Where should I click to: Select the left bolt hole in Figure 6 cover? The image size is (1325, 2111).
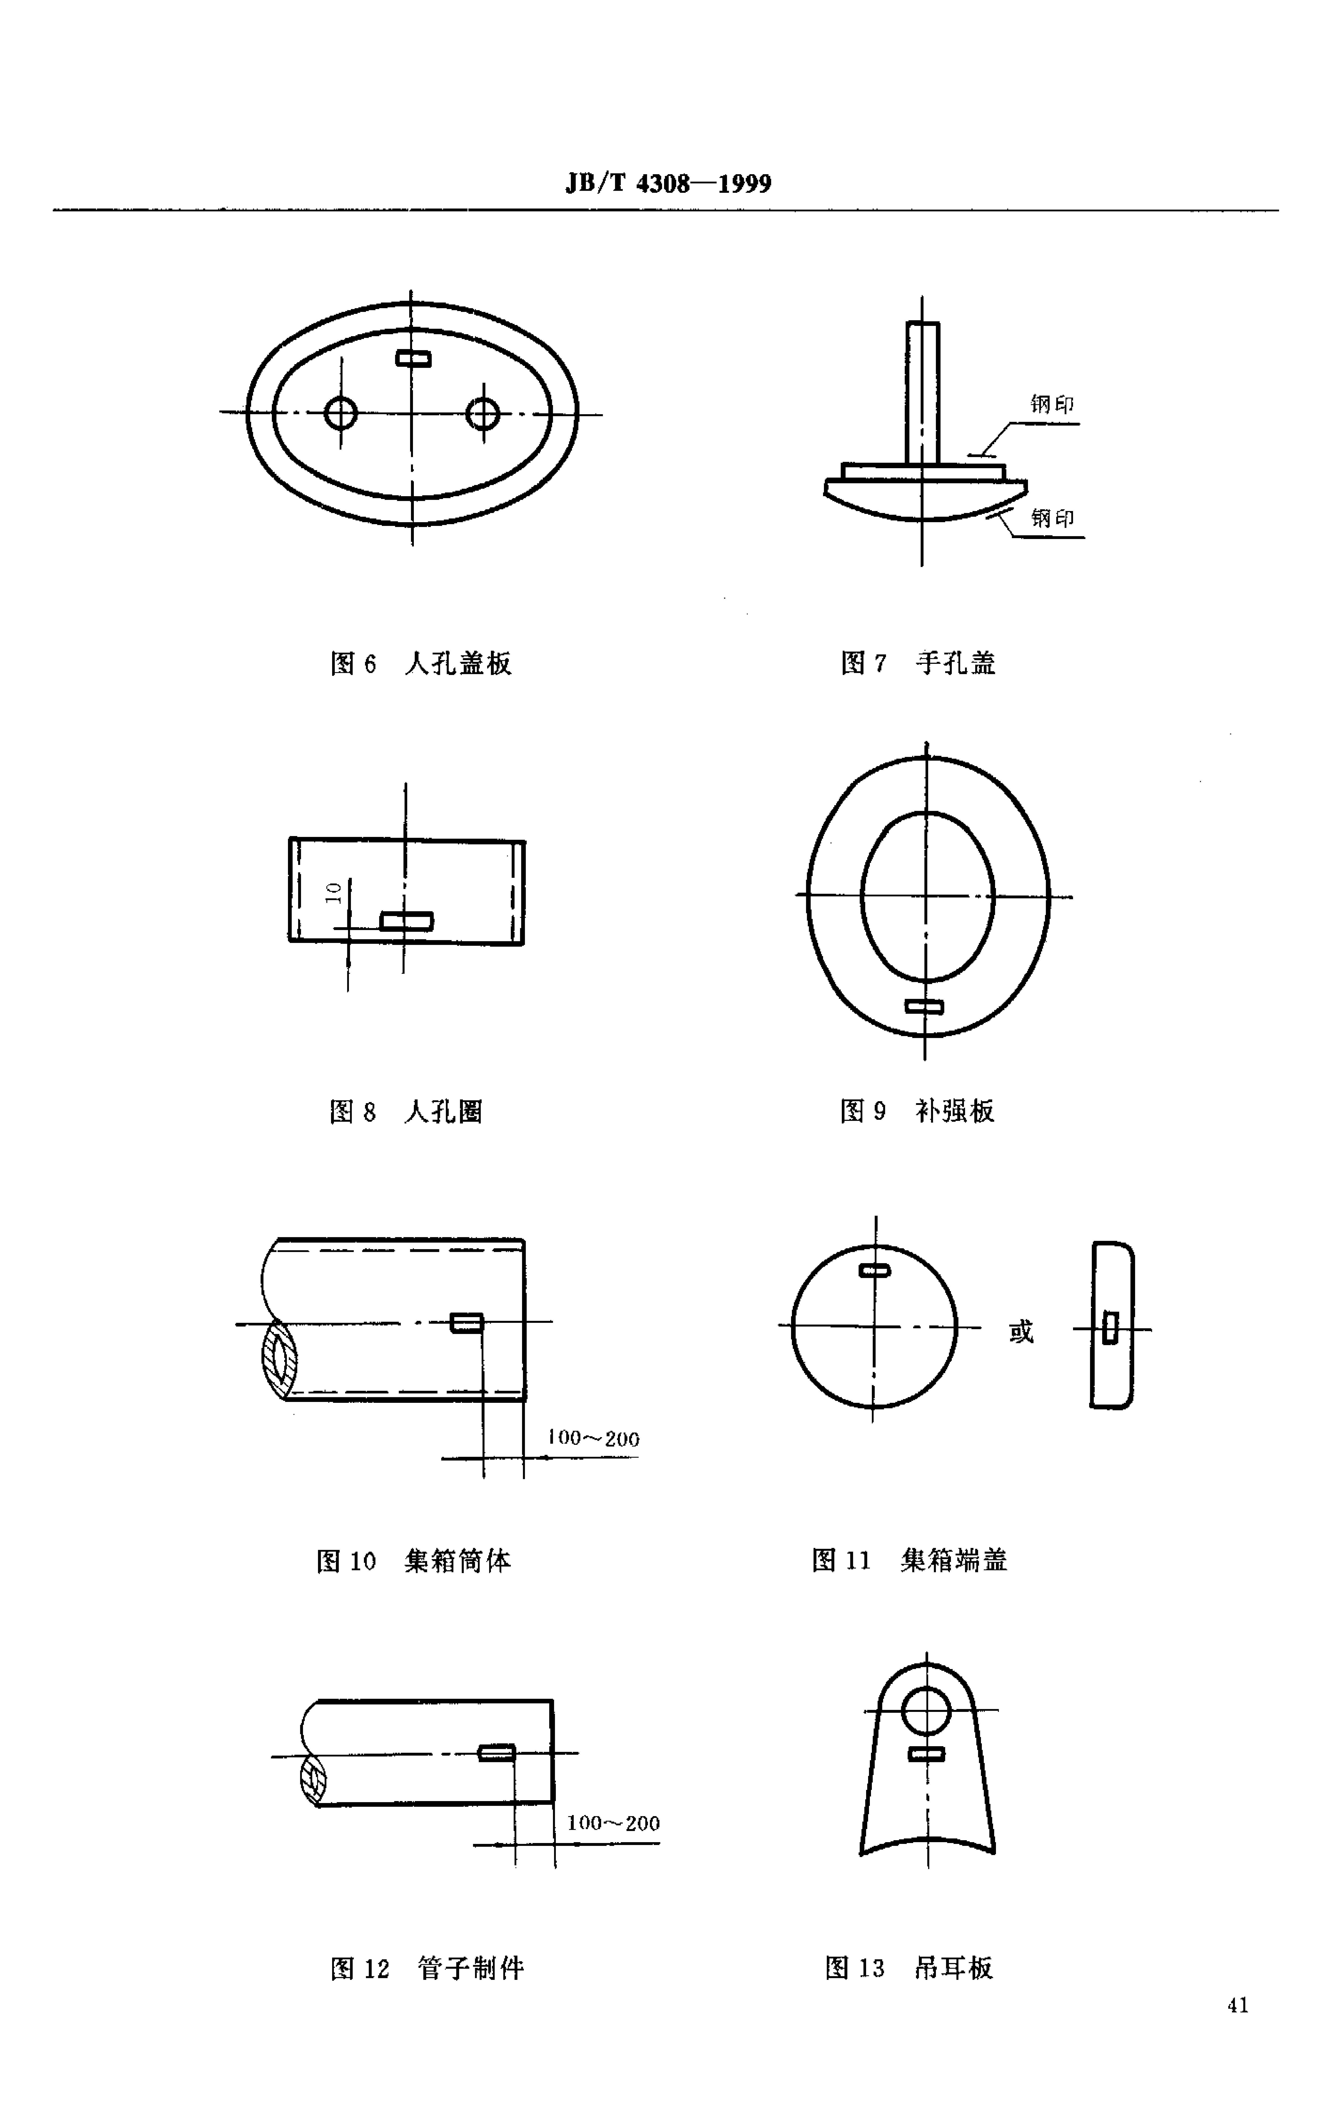(x=341, y=412)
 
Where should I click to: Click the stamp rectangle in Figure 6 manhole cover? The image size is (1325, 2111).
(x=413, y=357)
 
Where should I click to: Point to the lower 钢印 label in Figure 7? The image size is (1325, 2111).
(x=1052, y=518)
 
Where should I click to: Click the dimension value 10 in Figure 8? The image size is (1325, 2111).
(x=333, y=893)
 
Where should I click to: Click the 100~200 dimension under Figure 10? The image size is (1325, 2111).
(x=593, y=1438)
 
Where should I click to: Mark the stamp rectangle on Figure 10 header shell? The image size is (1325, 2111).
(x=466, y=1322)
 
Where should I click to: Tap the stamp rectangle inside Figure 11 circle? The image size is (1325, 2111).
(x=875, y=1270)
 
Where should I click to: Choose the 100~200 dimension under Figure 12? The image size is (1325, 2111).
(x=613, y=1823)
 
